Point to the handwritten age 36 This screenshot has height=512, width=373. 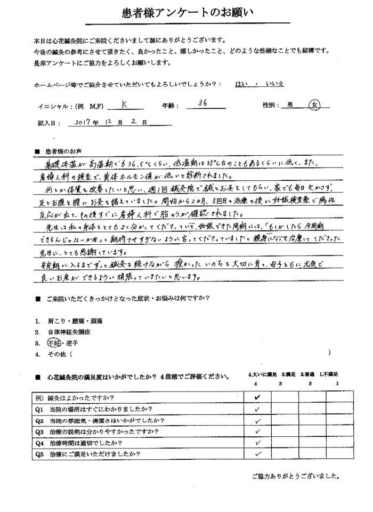click(x=202, y=103)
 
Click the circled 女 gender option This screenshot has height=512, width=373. click(x=315, y=105)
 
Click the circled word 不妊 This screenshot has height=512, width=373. click(x=55, y=343)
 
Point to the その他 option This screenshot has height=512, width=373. click(x=58, y=354)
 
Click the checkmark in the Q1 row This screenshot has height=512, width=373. click(x=257, y=410)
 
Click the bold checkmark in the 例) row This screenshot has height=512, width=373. click(x=257, y=398)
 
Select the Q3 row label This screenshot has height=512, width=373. click(x=100, y=431)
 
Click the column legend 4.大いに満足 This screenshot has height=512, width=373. click(x=263, y=375)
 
